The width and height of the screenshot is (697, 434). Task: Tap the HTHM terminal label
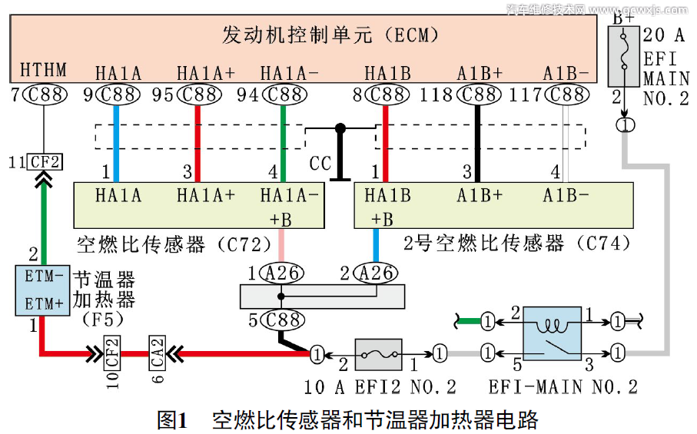click(43, 71)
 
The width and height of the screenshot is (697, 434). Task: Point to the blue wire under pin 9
click(115, 142)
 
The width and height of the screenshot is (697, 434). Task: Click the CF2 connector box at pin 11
click(45, 161)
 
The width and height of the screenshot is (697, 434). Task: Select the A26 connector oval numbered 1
click(280, 272)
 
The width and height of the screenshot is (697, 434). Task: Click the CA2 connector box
click(158, 354)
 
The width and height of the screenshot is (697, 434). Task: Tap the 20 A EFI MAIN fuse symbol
click(624, 56)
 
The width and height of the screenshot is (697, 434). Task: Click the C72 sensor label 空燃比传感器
click(142, 245)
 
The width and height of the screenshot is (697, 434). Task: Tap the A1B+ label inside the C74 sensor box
click(480, 195)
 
